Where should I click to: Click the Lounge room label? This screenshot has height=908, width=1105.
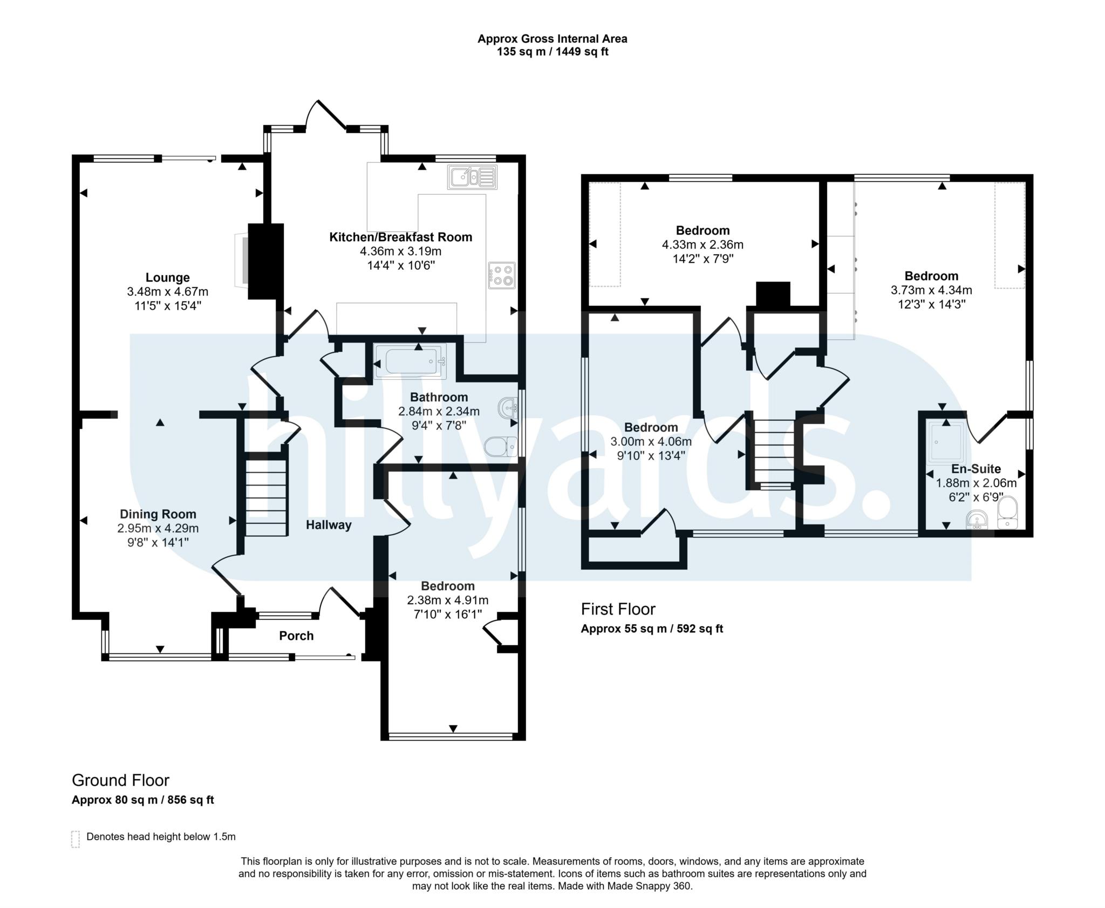tap(167, 277)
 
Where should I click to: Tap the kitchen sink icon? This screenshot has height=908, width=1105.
tap(472, 177)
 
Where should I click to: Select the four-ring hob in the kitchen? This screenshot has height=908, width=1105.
tap(502, 275)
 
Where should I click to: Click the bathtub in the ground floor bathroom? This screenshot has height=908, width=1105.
tap(411, 361)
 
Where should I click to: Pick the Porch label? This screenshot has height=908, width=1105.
tap(296, 636)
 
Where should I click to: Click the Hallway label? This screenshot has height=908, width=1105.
tap(329, 525)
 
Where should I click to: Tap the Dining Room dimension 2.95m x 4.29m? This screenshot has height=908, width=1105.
tap(158, 528)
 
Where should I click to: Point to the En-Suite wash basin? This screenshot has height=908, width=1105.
tap(977, 521)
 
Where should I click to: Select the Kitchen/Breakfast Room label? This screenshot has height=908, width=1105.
tap(400, 237)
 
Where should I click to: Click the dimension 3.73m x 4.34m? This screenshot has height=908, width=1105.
tap(931, 290)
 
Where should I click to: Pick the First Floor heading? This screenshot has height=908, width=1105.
tap(618, 609)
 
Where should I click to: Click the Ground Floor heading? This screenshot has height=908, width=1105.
tap(120, 780)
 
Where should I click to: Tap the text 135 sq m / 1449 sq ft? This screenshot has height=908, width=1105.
tap(552, 52)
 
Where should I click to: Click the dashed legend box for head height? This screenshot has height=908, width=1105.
tap(76, 839)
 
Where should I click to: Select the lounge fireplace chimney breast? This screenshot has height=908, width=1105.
tap(265, 261)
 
